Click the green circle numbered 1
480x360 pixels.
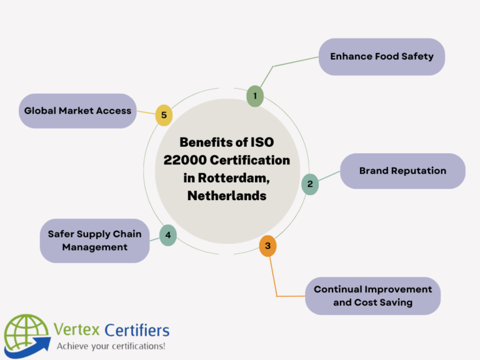[254, 96]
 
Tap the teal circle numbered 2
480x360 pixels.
[309, 184]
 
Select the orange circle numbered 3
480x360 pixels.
[267, 246]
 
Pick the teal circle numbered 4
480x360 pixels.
[167, 235]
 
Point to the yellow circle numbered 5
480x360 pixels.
[164, 115]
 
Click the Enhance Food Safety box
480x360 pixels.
[382, 57]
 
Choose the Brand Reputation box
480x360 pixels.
[402, 171]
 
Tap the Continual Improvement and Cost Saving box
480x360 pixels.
[372, 296]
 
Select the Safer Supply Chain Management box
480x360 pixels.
[95, 241]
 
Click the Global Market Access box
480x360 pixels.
[77, 111]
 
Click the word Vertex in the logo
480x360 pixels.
[77, 329]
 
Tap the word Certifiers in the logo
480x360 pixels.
[136, 329]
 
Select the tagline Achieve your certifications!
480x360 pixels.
[111, 346]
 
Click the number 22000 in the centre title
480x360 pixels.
[187, 160]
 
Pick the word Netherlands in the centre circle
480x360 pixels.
[227, 196]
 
